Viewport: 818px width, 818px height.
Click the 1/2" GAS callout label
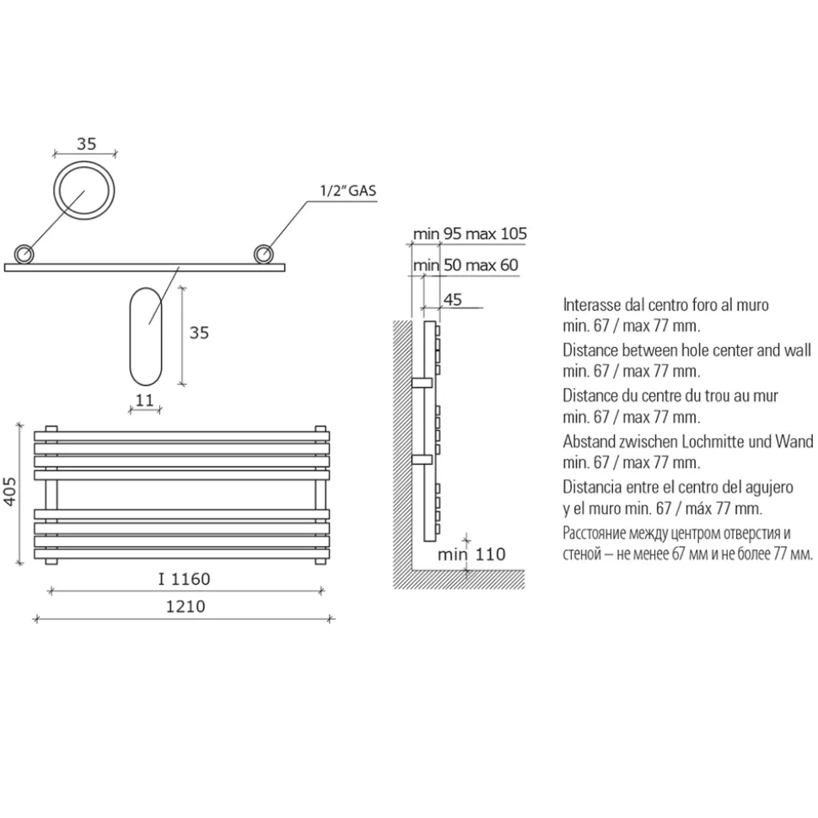[x=348, y=190]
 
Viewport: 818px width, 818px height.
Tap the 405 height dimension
[x=10, y=491]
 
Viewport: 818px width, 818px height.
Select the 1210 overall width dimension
[x=186, y=607]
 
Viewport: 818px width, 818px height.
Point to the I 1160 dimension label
[x=185, y=579]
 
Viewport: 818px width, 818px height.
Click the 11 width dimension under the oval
[x=144, y=400]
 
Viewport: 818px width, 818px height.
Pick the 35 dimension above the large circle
[x=87, y=143]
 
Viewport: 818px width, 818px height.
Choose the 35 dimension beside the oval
[x=199, y=332]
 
